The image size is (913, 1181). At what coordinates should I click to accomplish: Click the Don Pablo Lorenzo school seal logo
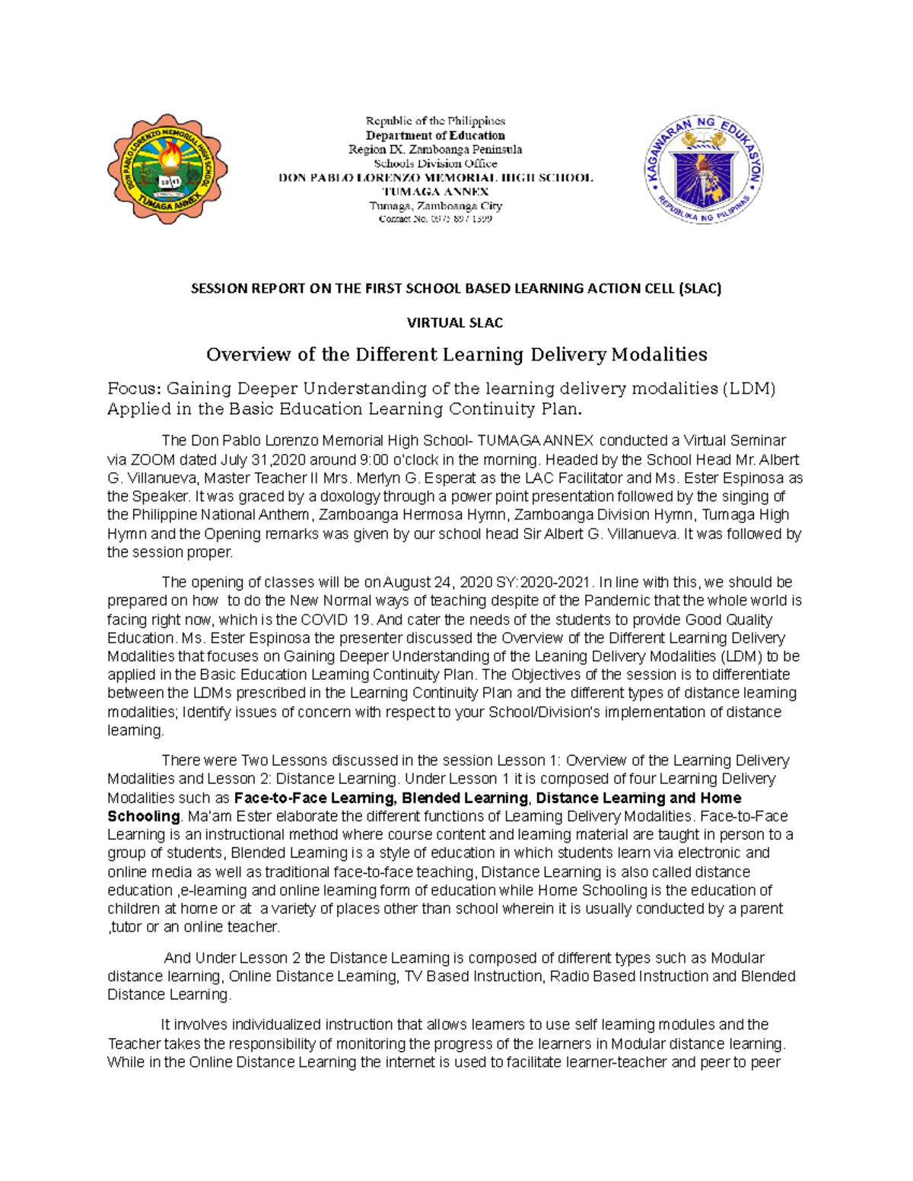pyautogui.click(x=167, y=169)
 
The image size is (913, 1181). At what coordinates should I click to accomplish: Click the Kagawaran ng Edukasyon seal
pyautogui.click(x=704, y=169)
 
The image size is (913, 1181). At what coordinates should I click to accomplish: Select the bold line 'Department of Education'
pyautogui.click(x=435, y=135)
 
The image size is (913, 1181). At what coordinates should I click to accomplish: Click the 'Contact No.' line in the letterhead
pyautogui.click(x=435, y=219)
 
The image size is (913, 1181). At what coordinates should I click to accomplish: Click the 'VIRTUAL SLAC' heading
pyautogui.click(x=455, y=322)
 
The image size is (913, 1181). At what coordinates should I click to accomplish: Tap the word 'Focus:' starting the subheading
pyautogui.click(x=134, y=389)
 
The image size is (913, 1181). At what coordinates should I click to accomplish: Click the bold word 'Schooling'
pyautogui.click(x=144, y=816)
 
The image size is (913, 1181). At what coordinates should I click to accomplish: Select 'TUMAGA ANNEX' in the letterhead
pyautogui.click(x=435, y=192)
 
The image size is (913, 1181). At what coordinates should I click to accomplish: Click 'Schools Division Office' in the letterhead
pyautogui.click(x=435, y=163)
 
